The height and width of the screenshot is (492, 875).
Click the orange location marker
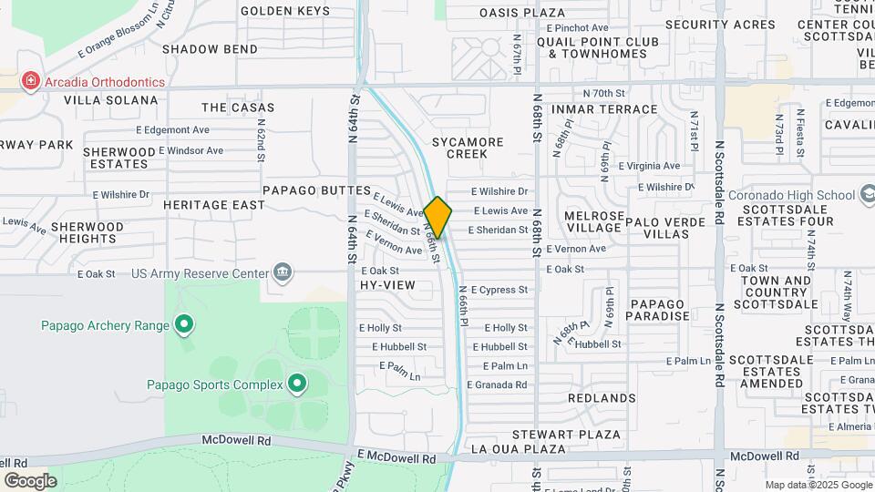pos(437,217)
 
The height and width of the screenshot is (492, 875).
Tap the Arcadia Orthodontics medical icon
pos(31,82)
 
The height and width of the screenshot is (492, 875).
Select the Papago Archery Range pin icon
pos(184,324)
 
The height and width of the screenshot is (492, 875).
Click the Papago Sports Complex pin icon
pos(296,384)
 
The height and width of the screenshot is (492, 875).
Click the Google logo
pos(30,480)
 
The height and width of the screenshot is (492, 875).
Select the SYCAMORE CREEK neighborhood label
pos(467,148)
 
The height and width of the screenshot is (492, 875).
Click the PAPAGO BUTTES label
pos(316,190)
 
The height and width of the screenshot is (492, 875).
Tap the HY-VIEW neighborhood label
pos(387,285)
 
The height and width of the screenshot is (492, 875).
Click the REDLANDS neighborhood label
pos(602,398)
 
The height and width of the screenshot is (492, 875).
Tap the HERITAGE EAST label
pos(214,205)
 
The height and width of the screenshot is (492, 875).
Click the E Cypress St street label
pos(499,290)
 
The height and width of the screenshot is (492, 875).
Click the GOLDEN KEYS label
pos(284,11)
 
